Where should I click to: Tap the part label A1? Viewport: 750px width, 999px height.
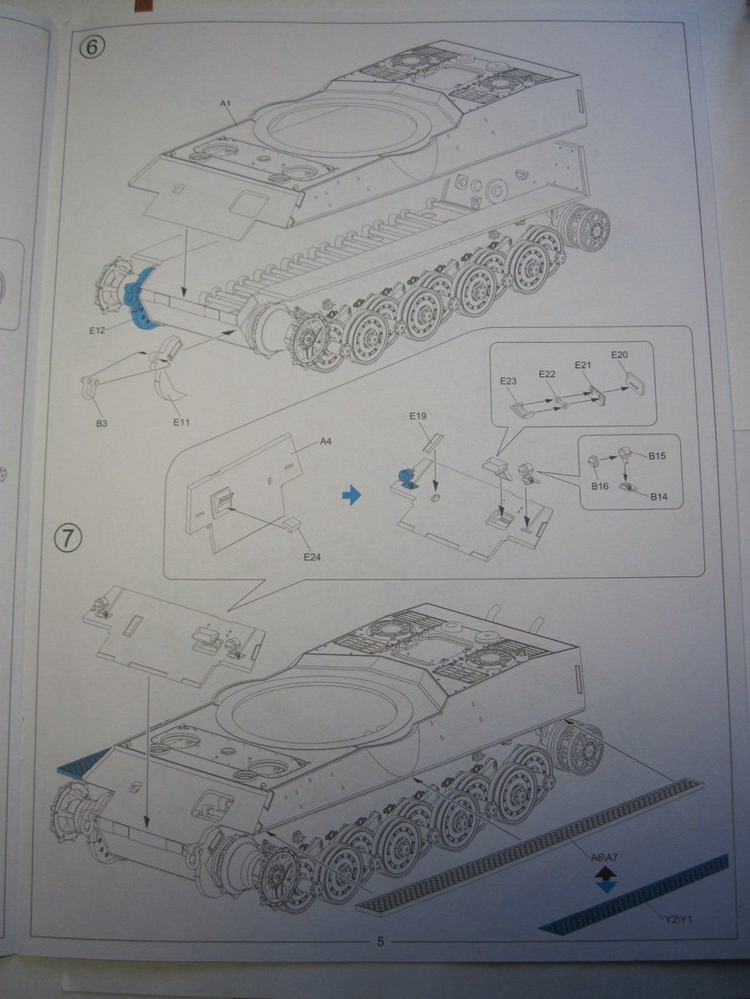coord(224,102)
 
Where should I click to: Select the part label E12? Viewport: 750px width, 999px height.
coord(98,331)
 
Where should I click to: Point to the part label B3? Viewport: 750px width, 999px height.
coord(101,424)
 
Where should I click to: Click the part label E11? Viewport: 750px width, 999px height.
coord(182,422)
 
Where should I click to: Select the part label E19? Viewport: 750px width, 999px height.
coord(417,415)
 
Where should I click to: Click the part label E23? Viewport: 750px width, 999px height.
coord(508,381)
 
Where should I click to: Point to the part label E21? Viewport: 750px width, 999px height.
coord(582,365)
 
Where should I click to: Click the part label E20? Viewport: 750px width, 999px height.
coord(619,355)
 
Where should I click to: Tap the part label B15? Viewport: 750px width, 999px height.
coord(658,456)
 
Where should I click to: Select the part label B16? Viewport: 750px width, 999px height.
coord(599,485)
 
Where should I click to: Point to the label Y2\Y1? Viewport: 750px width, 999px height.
coord(679,919)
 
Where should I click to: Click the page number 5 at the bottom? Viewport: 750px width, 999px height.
coord(380,942)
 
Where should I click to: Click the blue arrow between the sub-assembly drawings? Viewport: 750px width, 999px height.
coord(352,495)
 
